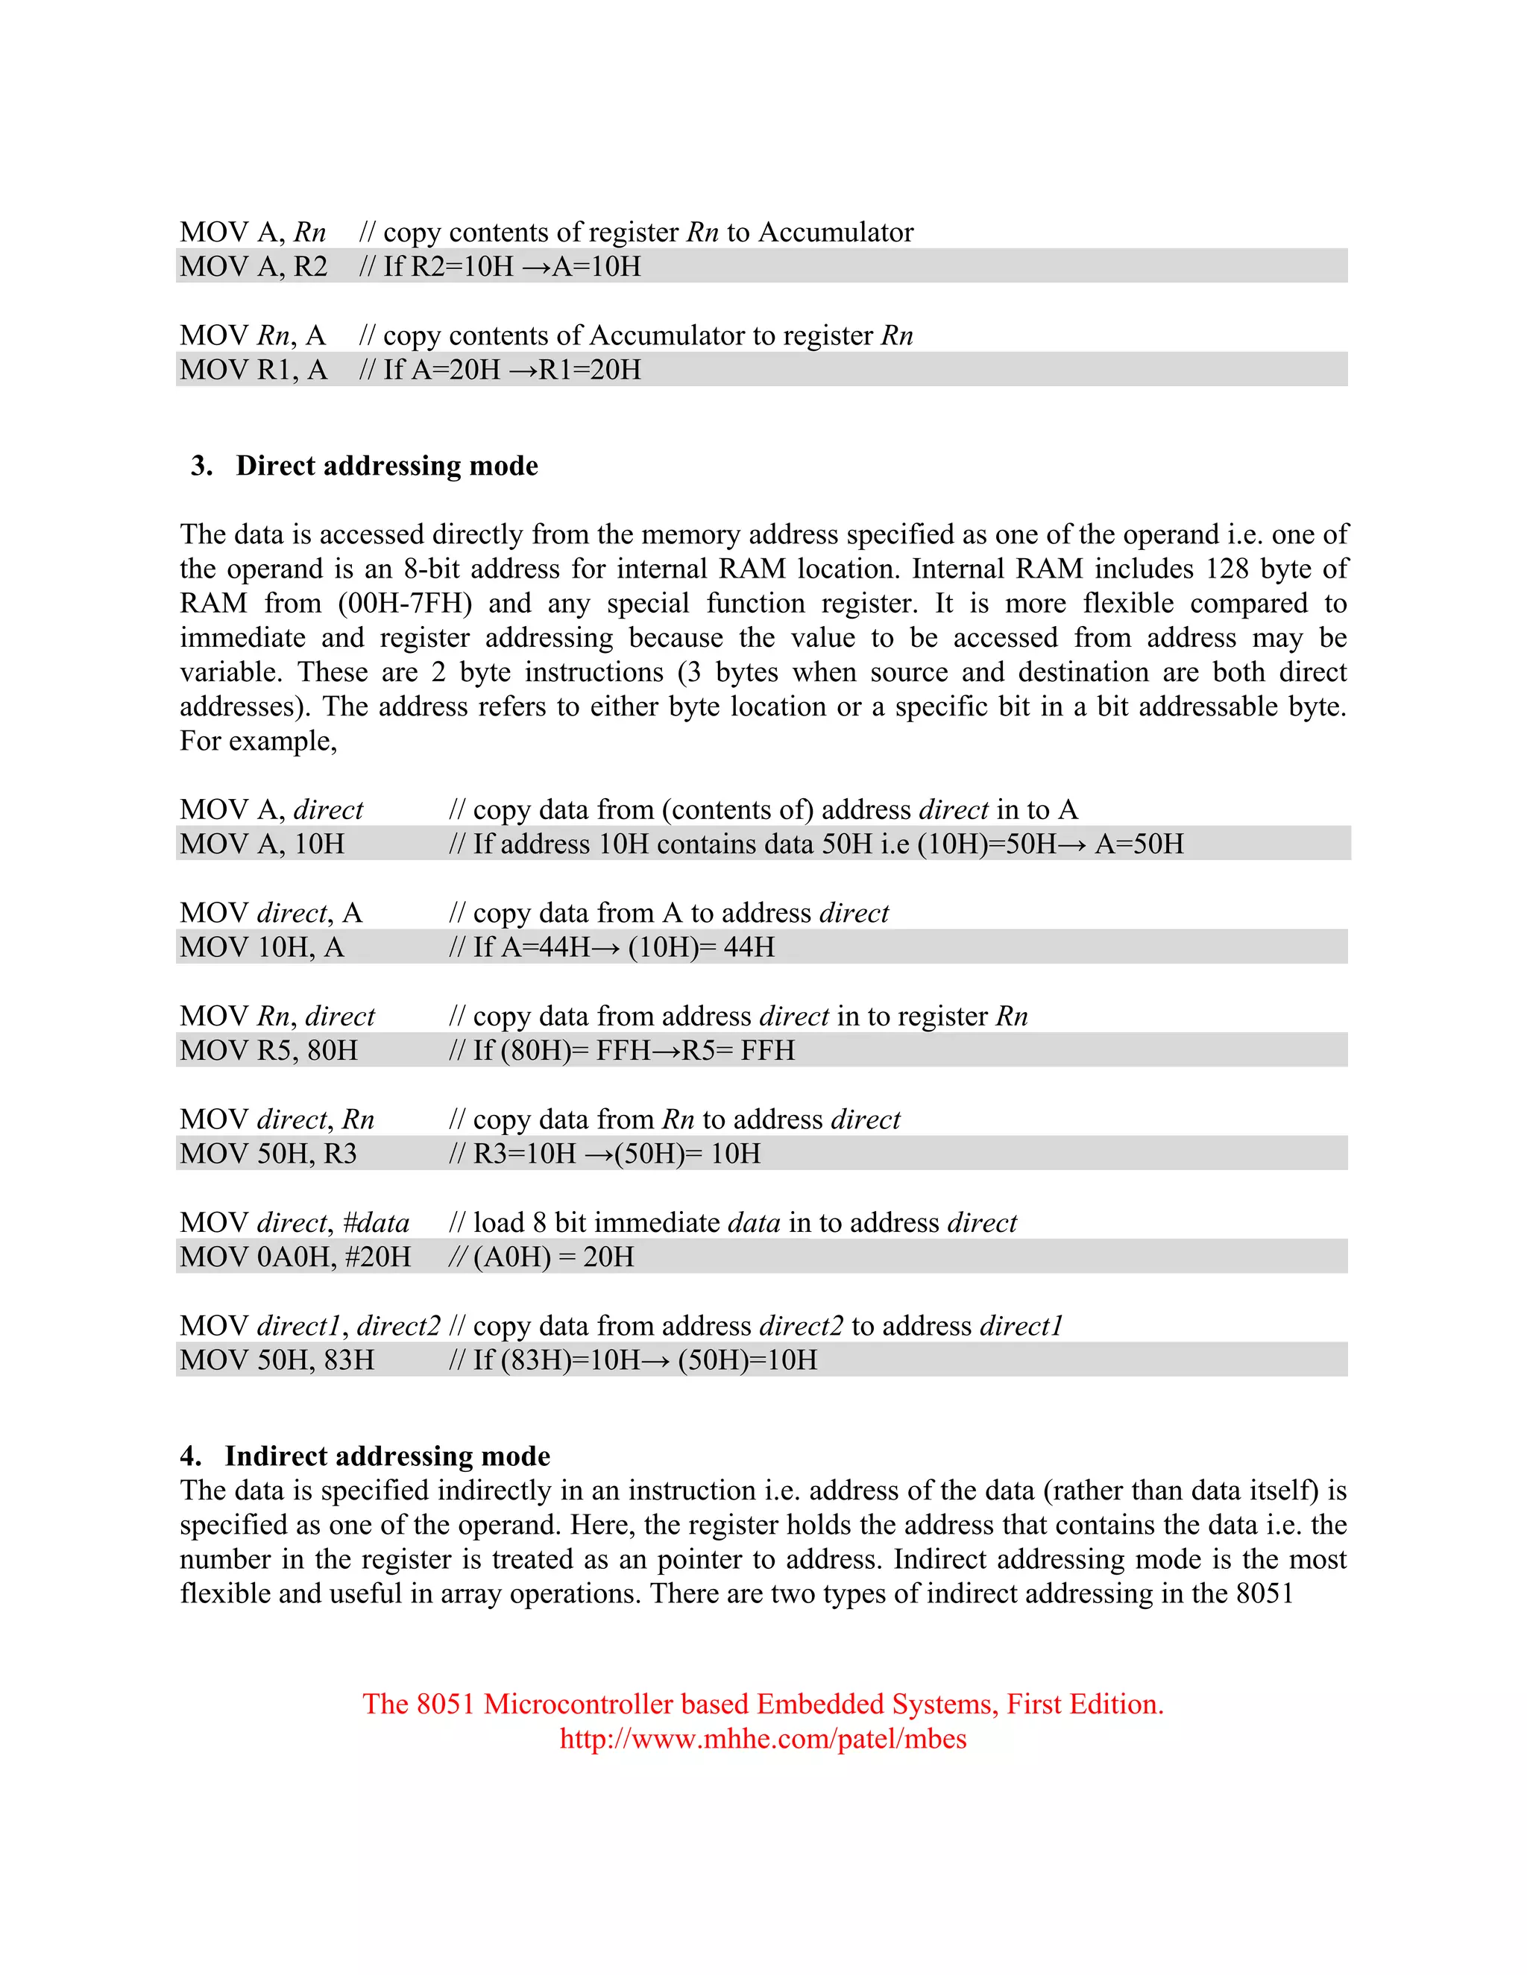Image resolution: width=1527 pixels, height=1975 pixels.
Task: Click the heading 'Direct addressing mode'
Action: click(386, 466)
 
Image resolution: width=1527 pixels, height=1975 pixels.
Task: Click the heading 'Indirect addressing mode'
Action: click(387, 1456)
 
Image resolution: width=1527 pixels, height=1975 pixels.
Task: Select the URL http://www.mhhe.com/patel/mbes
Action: click(763, 1738)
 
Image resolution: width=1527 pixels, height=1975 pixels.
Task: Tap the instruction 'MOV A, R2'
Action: click(254, 267)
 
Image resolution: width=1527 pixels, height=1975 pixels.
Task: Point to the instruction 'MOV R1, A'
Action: click(254, 370)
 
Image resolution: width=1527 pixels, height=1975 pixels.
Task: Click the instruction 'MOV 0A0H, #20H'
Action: click(295, 1257)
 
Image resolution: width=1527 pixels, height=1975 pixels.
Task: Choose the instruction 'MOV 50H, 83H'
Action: click(277, 1360)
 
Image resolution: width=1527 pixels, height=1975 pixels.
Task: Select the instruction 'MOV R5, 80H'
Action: click(268, 1051)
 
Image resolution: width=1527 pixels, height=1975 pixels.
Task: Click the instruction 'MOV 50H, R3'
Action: click(268, 1154)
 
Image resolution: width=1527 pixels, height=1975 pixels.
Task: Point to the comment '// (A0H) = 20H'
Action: click(541, 1257)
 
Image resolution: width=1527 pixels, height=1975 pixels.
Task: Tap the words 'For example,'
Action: click(258, 741)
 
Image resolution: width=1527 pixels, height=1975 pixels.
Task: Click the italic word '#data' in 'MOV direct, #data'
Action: click(377, 1222)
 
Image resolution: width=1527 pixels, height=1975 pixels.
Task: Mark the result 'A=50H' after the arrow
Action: click(1139, 844)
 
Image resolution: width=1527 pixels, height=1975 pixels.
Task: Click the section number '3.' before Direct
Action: click(202, 466)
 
